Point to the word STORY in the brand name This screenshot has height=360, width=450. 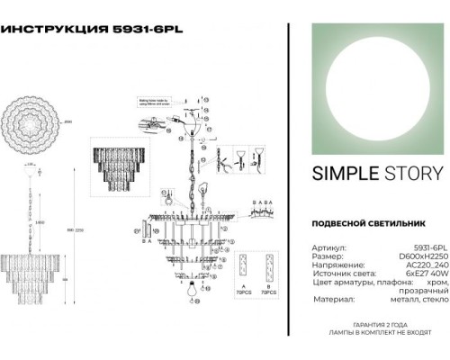tap(406, 174)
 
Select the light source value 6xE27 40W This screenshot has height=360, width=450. tap(424, 273)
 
